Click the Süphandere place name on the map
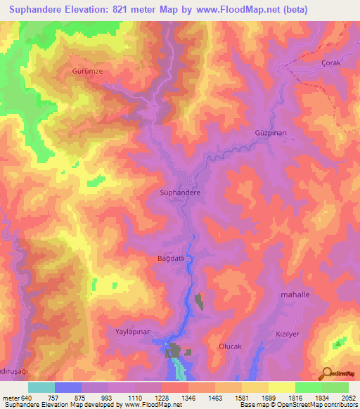pos(181,192)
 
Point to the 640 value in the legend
pos(27,398)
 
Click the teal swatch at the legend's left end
pos(41,387)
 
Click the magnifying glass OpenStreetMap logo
pos(328,375)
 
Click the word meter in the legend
pos(10,398)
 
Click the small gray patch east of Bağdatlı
pos(199,301)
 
